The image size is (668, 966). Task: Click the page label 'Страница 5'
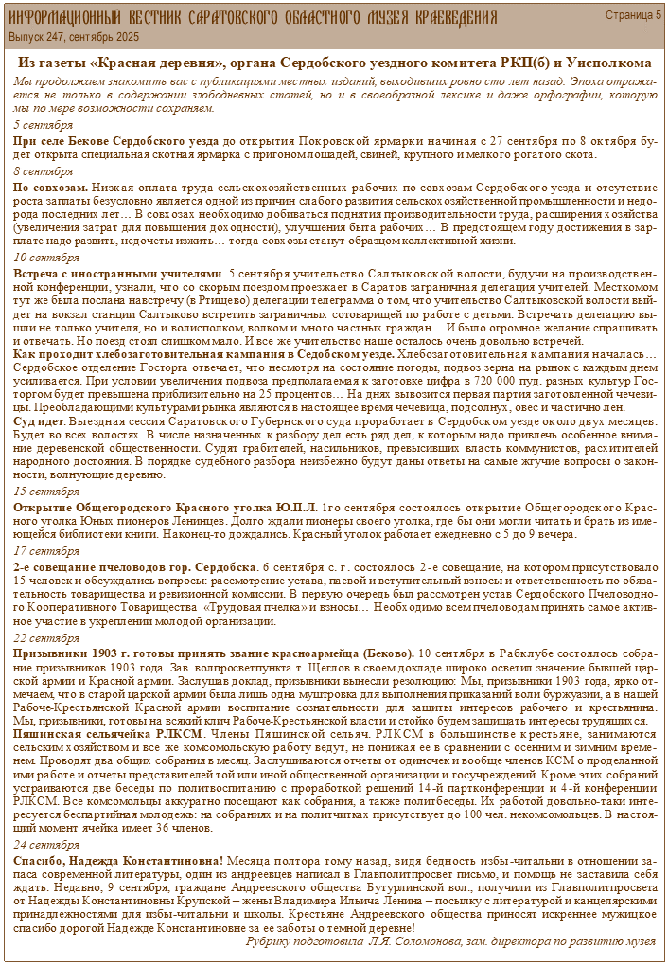tap(633, 15)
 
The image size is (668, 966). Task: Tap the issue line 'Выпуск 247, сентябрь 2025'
tap(74, 37)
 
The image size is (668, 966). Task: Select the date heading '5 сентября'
tap(44, 125)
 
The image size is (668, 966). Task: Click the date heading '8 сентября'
tap(44, 171)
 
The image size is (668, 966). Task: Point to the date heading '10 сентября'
tap(46, 258)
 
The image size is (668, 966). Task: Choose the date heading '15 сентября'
tap(46, 492)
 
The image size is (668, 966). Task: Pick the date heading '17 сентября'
tap(46, 550)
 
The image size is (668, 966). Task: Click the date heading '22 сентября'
tap(46, 637)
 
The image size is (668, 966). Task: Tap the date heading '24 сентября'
tap(46, 843)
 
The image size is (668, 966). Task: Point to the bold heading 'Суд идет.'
tap(39, 420)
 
